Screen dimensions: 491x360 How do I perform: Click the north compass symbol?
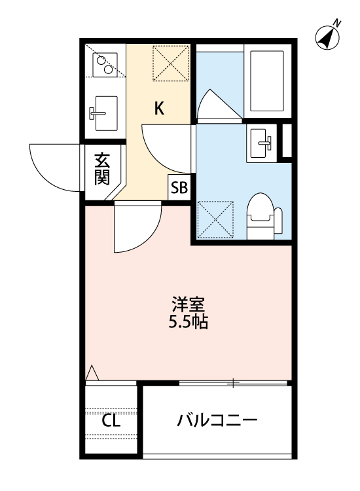[x=329, y=37]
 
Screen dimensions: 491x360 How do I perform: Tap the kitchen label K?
[x=159, y=109]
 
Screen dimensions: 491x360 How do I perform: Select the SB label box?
[x=179, y=189]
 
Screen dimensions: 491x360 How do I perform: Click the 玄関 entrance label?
[x=101, y=169]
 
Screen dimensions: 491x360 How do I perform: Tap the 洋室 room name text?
[x=189, y=304]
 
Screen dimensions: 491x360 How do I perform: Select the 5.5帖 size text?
[x=189, y=322]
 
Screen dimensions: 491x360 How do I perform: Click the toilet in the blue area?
[x=263, y=216]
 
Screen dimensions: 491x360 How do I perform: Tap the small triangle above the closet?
[x=92, y=373]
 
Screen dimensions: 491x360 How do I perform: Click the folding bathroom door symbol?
[x=216, y=105]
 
